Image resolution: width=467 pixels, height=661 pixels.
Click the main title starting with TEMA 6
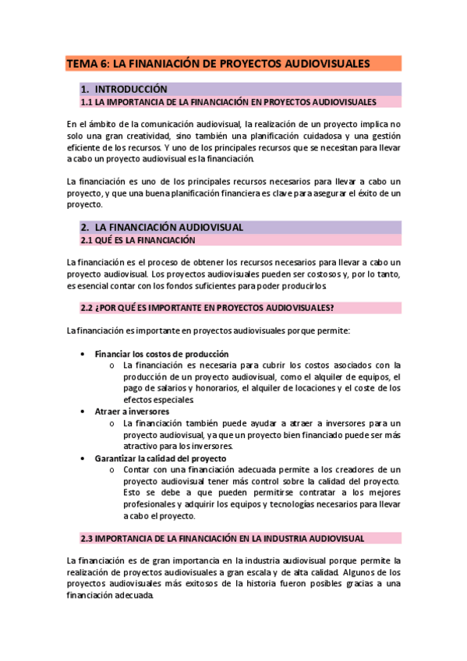218,63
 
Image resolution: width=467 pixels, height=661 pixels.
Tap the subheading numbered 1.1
228,102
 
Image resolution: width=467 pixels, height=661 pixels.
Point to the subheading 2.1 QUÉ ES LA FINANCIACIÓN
139,240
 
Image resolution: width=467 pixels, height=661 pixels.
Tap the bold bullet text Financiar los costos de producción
161,353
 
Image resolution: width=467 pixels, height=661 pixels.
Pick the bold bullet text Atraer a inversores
132,411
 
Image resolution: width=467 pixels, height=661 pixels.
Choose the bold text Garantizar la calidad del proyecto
161,458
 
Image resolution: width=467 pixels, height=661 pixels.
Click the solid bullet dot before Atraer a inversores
83,411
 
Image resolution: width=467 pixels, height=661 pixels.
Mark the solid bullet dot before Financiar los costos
83,353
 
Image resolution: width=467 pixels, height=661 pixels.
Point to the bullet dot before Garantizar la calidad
83,458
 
